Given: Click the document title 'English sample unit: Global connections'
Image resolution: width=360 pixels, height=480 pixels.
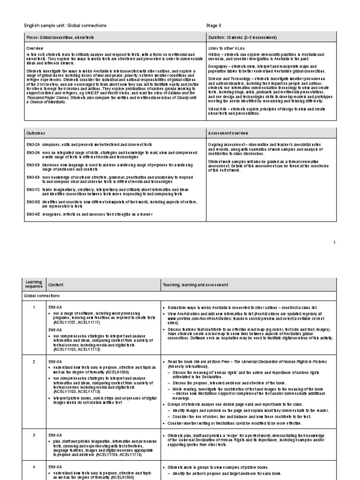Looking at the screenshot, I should coord(65,25).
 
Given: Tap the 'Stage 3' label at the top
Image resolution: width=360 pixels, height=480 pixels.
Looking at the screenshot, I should coord(214,25).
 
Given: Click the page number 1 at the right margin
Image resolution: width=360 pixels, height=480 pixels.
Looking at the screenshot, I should coord(334,242).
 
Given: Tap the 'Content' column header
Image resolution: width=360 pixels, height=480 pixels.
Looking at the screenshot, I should coord(55,285).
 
